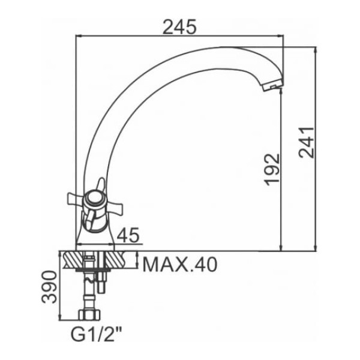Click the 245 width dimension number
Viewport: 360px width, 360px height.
click(180, 26)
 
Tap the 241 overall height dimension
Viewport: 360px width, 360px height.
click(306, 142)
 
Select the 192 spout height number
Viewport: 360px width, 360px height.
click(272, 170)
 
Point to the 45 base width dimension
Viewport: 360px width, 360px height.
click(128, 235)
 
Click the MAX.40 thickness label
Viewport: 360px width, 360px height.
click(180, 265)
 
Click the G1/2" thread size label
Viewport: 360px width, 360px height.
click(96, 334)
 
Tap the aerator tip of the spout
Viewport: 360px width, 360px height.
click(272, 86)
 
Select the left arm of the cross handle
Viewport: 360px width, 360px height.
click(76, 199)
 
